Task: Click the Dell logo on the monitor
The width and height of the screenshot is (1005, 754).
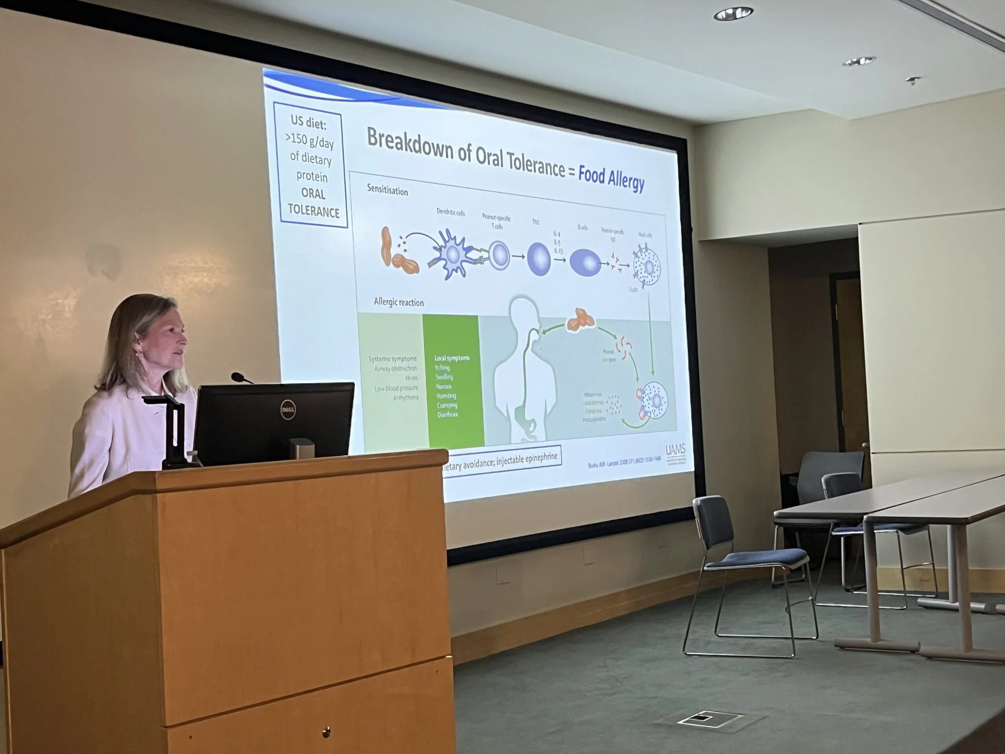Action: click(x=287, y=409)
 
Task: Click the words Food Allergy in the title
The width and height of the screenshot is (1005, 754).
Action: click(x=611, y=178)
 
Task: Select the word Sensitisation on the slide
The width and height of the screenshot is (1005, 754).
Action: click(x=387, y=190)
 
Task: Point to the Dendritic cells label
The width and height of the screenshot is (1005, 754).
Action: click(x=450, y=212)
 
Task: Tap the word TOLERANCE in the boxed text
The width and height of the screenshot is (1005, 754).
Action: click(x=314, y=212)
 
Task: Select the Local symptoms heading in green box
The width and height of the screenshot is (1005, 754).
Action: click(x=451, y=358)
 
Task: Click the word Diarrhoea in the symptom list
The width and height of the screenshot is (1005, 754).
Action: click(x=447, y=415)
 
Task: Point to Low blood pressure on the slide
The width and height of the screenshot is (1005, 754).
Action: click(x=396, y=388)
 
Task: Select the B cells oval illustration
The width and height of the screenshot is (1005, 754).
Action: click(x=585, y=263)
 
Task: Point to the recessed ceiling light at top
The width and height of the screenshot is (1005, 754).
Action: click(x=732, y=14)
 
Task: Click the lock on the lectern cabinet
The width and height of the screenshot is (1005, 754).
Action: click(x=326, y=731)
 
